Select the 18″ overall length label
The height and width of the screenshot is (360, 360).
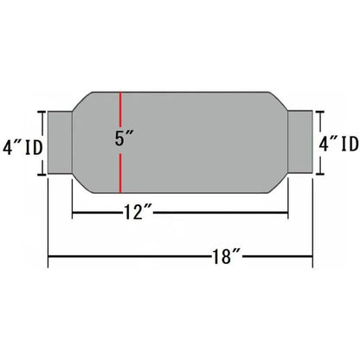228,257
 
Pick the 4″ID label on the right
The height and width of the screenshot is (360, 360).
339,143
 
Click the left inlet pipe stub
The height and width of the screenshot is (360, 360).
58,143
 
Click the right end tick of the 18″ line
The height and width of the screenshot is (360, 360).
313,257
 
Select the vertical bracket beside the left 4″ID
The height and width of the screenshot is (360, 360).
40,143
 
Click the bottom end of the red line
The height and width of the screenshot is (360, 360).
121,192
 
